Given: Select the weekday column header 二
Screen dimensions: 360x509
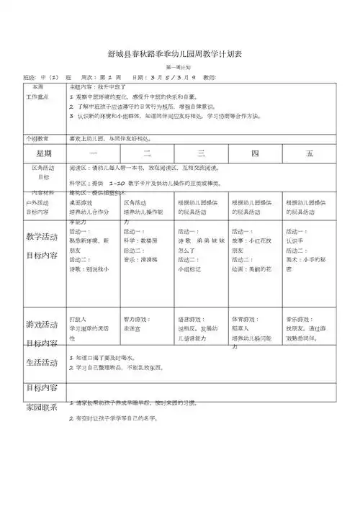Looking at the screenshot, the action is click(147, 153).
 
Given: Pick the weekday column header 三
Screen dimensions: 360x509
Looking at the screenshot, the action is click(201, 153).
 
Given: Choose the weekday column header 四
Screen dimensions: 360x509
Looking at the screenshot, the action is click(255, 153).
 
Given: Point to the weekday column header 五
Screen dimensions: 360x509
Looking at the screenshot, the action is click(310, 153).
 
